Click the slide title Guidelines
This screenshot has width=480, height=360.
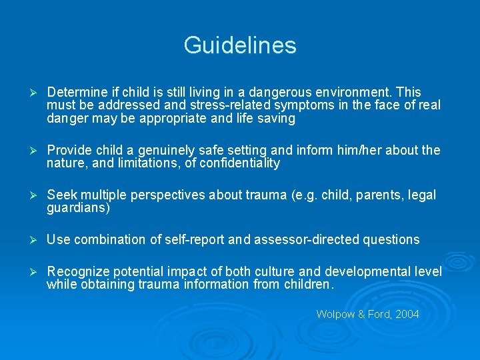[x=240, y=45]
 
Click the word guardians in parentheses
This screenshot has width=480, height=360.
[x=76, y=208]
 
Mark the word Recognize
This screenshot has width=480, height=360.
[x=76, y=271]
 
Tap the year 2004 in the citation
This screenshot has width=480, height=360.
[x=407, y=314]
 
